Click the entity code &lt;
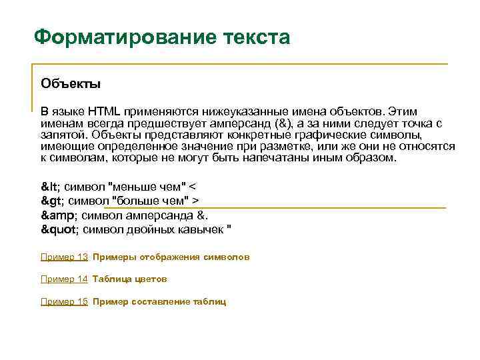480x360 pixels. pyautogui.click(x=51, y=186)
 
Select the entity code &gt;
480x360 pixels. pyautogui.click(x=53, y=201)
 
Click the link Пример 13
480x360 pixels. pyautogui.click(x=64, y=257)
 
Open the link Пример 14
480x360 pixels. pyautogui.click(x=64, y=279)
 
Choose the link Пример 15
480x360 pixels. pyautogui.click(x=64, y=301)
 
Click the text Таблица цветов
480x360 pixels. pyautogui.click(x=130, y=279)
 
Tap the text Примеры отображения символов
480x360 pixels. pyautogui.click(x=171, y=257)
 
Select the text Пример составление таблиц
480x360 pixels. pyautogui.click(x=159, y=301)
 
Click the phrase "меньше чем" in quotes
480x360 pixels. pyautogui.click(x=147, y=186)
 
